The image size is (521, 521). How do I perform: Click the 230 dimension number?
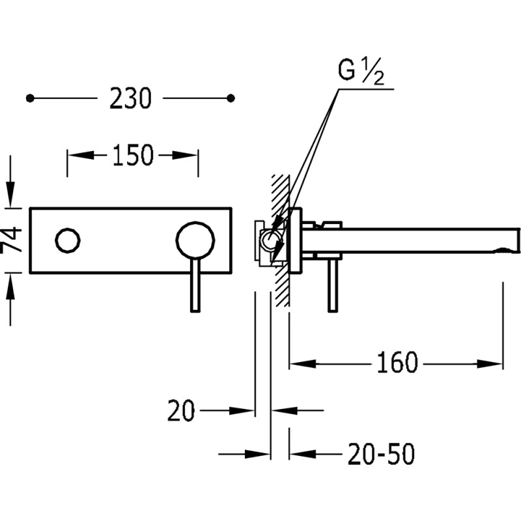click(x=130, y=98)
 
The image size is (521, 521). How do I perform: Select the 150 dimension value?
click(x=133, y=155)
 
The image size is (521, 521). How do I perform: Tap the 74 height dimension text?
click(x=11, y=240)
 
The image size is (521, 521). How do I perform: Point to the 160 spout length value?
click(x=397, y=363)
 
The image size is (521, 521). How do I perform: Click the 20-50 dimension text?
click(x=381, y=454)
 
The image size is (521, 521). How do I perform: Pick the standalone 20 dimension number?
click(x=181, y=411)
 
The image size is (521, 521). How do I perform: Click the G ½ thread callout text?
click(x=361, y=72)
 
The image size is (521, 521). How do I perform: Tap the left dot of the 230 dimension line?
click(x=30, y=98)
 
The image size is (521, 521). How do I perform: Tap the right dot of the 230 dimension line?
click(x=231, y=98)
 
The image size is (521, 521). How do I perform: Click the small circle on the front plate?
click(x=68, y=240)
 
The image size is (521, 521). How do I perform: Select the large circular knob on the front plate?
click(x=195, y=240)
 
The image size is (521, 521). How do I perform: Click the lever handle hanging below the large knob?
click(x=195, y=285)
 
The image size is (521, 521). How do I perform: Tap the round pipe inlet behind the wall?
click(x=270, y=240)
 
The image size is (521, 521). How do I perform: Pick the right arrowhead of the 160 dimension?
click(x=490, y=363)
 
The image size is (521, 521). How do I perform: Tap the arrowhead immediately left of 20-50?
click(x=302, y=454)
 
